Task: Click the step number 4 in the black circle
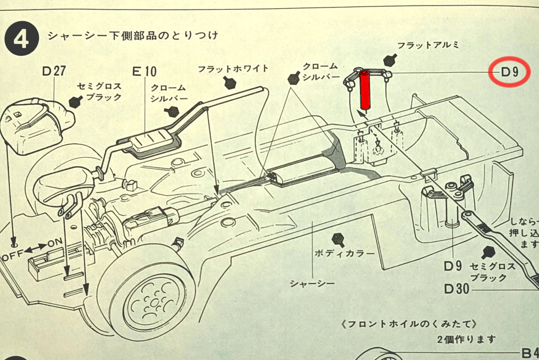coord(21,39)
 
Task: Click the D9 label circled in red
coord(510,72)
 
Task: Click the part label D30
coord(456,288)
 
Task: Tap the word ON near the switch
coord(55,242)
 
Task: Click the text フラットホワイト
coord(234,69)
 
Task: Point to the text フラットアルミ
coord(427,45)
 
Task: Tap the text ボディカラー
coord(345,253)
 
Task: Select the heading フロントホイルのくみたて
coord(408,324)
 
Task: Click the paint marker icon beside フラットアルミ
coord(389,59)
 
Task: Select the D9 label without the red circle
coord(453,266)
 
